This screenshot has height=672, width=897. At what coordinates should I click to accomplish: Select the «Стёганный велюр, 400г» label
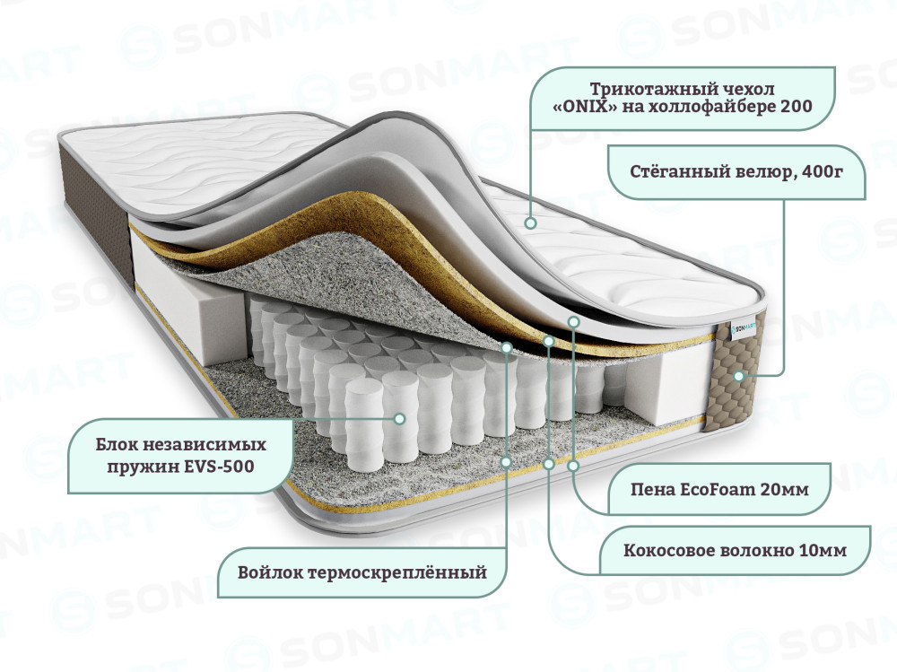pyautogui.click(x=736, y=171)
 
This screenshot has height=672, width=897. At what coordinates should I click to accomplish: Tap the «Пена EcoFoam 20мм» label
pyautogui.click(x=719, y=489)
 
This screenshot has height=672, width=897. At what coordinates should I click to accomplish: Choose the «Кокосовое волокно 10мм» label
pyautogui.click(x=736, y=551)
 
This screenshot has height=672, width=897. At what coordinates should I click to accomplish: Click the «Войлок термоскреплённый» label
pyautogui.click(x=362, y=572)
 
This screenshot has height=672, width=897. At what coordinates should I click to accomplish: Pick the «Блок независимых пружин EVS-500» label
pyautogui.click(x=181, y=456)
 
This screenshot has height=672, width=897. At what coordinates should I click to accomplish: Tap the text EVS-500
pyautogui.click(x=220, y=467)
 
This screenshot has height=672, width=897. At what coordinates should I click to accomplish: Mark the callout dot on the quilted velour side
pyautogui.click(x=738, y=376)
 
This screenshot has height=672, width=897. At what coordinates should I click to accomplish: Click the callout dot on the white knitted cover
pyautogui.click(x=531, y=223)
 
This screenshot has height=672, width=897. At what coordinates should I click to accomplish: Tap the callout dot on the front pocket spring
pyautogui.click(x=400, y=419)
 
